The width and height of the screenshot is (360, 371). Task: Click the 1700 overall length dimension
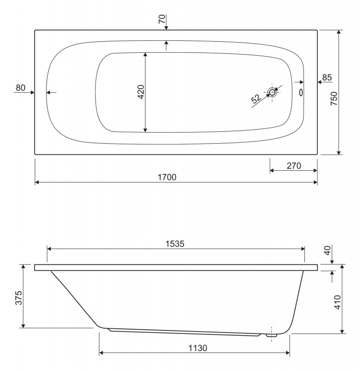(167, 177)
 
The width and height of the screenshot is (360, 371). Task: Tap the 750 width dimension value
(334, 99)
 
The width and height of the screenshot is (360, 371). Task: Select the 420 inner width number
(141, 92)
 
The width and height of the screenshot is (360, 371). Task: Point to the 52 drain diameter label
(256, 99)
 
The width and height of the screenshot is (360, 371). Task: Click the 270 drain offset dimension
(294, 166)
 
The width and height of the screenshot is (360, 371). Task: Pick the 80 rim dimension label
(20, 88)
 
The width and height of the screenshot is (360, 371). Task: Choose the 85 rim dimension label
(327, 77)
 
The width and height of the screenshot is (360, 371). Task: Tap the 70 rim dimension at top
(162, 19)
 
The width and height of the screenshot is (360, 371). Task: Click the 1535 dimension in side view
(175, 244)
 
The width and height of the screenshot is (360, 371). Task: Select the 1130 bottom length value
(198, 348)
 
